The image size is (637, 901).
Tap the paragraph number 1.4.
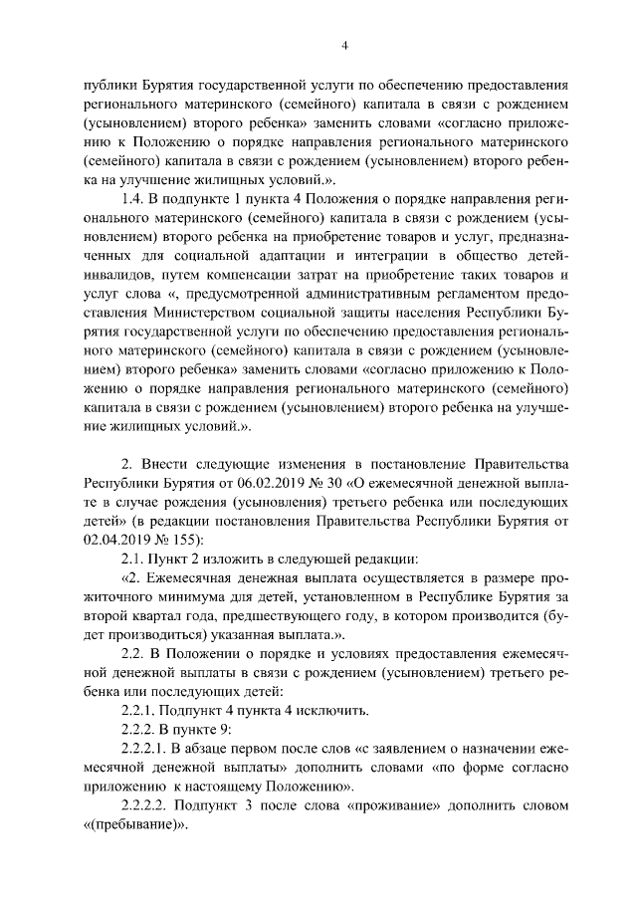pyautogui.click(x=134, y=201)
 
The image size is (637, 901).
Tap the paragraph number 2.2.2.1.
pyautogui.click(x=145, y=750)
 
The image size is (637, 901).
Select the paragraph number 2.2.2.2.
pyautogui.click(x=145, y=807)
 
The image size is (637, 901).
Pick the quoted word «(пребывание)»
pyautogui.click(x=134, y=826)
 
